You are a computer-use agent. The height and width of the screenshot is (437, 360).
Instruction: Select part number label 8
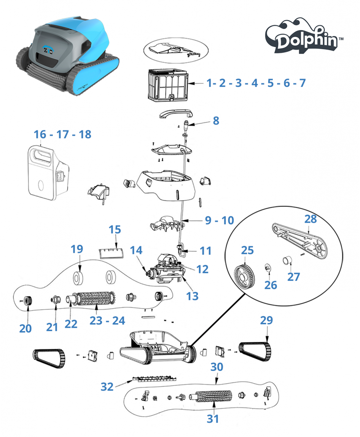pyautogui.click(x=216, y=121)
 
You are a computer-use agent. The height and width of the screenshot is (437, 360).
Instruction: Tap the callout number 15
pyautogui.click(x=115, y=230)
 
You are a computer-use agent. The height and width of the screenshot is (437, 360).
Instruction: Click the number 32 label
pyautogui.click(x=107, y=386)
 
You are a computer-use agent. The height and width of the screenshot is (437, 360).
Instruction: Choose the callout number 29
pyautogui.click(x=266, y=320)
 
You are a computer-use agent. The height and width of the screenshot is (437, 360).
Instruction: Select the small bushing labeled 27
pyautogui.click(x=287, y=261)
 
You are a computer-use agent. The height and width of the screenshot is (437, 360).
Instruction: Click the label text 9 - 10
pyautogui.click(x=220, y=220)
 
